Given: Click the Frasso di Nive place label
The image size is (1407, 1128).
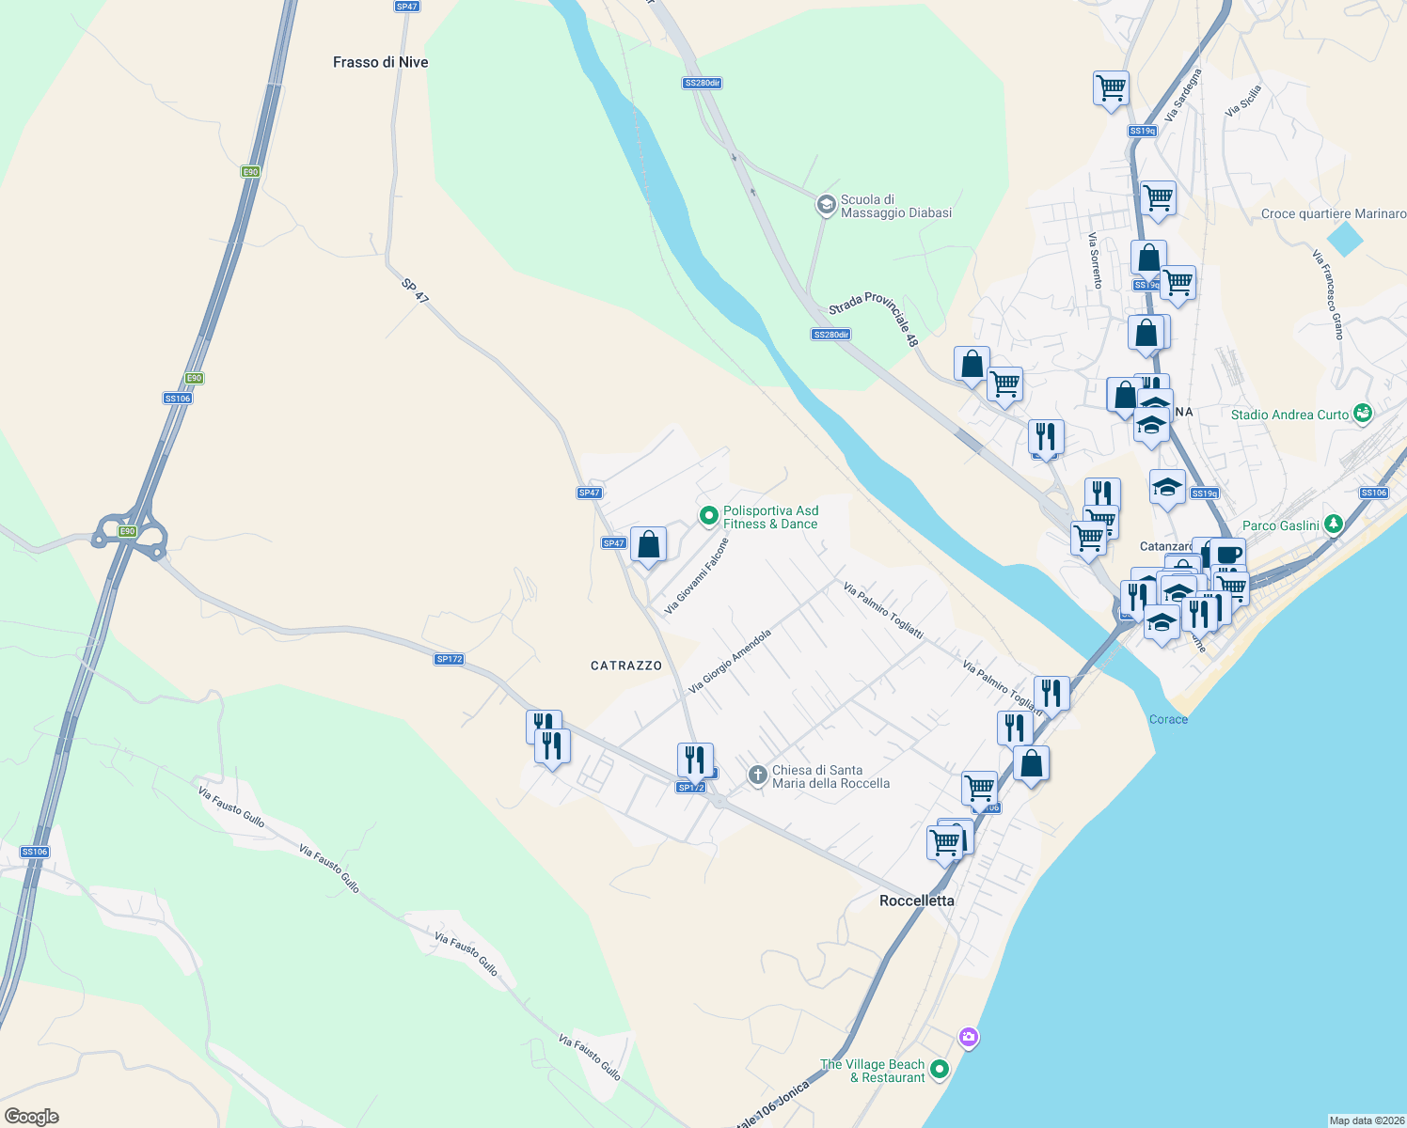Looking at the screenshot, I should click(x=380, y=62).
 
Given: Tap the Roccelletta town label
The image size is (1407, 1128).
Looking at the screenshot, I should click(x=916, y=901).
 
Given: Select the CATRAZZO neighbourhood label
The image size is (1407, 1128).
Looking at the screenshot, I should click(x=626, y=666).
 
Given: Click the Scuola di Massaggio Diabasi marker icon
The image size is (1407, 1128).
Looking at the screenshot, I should click(x=826, y=205).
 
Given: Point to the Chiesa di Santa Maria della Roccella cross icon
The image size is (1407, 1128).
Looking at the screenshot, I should click(x=757, y=775).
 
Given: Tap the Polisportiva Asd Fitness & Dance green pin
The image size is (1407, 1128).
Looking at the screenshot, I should click(x=708, y=515).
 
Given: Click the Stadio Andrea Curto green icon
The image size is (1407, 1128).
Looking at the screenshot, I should click(x=1362, y=414).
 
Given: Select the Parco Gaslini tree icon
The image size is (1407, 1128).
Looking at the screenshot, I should click(x=1333, y=525).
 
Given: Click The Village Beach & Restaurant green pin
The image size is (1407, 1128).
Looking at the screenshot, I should click(x=939, y=1070).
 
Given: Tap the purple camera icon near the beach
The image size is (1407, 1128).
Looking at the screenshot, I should click(x=968, y=1038).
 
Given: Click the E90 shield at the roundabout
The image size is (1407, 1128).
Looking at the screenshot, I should click(x=127, y=531).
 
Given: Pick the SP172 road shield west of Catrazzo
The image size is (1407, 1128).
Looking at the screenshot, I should click(x=450, y=659).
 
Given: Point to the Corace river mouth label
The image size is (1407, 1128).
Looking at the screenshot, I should click(x=1168, y=719).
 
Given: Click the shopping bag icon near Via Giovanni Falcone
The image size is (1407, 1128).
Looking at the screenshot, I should click(x=648, y=544).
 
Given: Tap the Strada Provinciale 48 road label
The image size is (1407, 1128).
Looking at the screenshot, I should click(x=873, y=319).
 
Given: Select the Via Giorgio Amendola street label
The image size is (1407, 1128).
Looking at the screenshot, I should click(x=730, y=661).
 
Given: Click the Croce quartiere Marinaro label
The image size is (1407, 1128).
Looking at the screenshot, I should click(x=1333, y=213).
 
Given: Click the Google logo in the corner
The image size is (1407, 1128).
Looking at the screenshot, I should click(x=31, y=1116).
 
